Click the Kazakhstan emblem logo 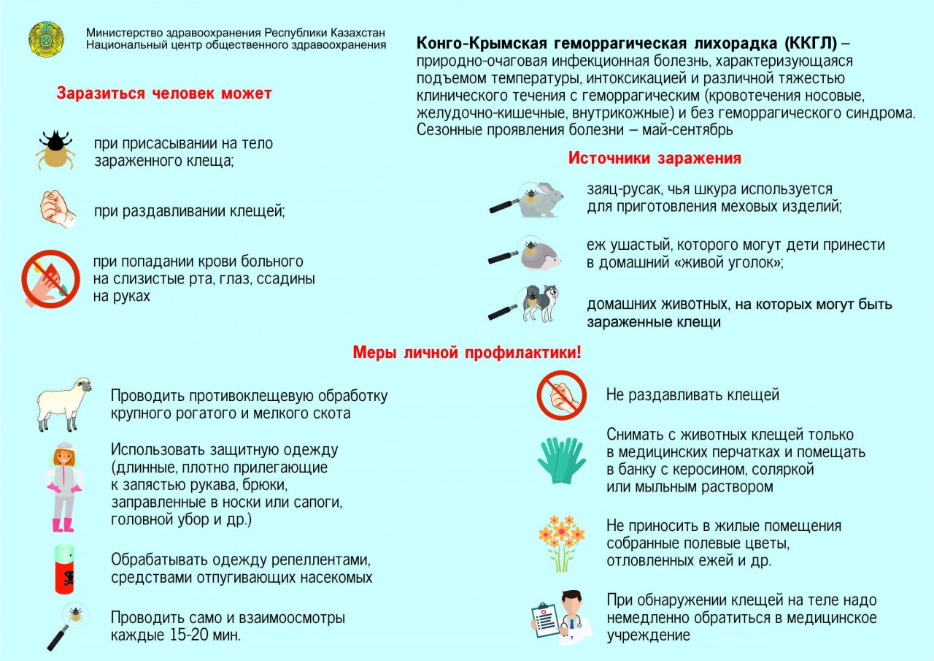point(47,39)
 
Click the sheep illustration point(64,403)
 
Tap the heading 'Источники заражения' point(655,158)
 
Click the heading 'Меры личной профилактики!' point(467,353)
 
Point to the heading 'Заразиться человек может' point(164,93)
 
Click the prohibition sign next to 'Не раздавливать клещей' point(561,395)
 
